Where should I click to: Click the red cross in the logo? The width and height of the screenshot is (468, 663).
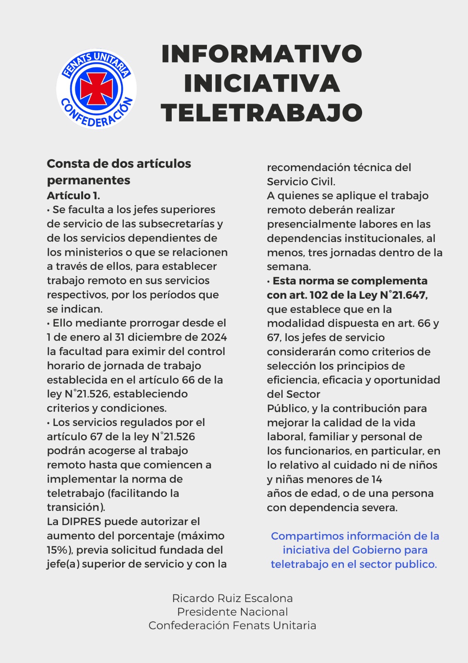(x=96, y=89)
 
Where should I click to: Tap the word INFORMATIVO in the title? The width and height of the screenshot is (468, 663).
(x=262, y=54)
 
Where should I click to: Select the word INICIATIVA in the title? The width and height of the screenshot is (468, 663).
(x=262, y=83)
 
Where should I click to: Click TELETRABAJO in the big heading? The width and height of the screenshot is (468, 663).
(x=262, y=113)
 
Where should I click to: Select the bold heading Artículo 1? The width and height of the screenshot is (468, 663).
(x=73, y=196)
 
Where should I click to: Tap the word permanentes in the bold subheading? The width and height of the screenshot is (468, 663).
(x=89, y=180)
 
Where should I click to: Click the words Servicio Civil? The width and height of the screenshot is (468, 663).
(x=301, y=182)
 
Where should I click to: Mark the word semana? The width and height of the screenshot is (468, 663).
(x=288, y=266)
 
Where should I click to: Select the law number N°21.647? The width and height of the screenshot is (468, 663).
(x=403, y=295)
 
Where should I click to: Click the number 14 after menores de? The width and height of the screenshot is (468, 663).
(x=377, y=479)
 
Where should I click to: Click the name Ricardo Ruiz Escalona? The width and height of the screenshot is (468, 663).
(x=233, y=598)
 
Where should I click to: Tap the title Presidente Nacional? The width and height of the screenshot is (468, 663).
(x=233, y=612)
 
